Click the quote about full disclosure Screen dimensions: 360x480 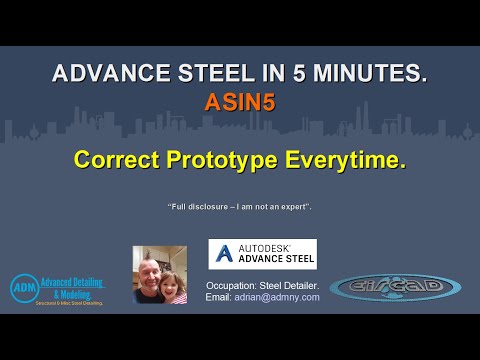pos(240,206)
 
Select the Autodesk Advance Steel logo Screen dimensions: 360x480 pos(262,254)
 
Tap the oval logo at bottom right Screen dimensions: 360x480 pos(395,287)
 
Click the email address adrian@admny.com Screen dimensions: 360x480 pos(278,297)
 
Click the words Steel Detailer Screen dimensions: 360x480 pos(292,284)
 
